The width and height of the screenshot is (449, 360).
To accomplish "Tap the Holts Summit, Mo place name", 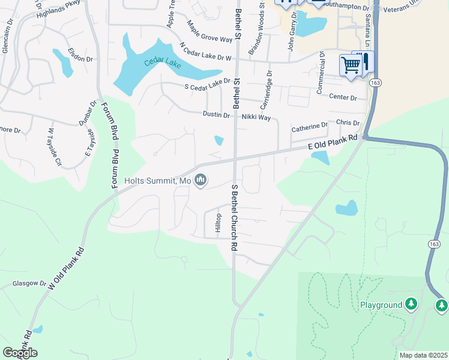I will coord(157,181).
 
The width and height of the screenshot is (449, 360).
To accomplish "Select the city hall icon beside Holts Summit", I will coord(200,180).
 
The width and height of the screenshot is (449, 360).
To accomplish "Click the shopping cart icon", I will coord(350,65).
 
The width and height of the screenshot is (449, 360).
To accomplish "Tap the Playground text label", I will coord(381,305).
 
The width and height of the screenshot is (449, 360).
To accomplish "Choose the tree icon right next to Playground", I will coord(411,304).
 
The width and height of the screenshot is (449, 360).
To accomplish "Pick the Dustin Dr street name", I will coord(216,115).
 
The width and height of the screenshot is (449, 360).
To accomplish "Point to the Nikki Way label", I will coord(256,118).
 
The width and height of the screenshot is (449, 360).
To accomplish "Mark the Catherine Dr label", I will coord(310,127).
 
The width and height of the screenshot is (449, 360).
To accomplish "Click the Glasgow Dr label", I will coord(29,283).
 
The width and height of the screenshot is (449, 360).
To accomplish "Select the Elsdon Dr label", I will coord(80,55).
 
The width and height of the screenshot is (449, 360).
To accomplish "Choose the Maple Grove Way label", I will coord(209,31).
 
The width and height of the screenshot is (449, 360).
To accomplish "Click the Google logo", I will coord(20,352).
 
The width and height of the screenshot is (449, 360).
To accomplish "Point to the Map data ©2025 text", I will coord(423,355).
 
